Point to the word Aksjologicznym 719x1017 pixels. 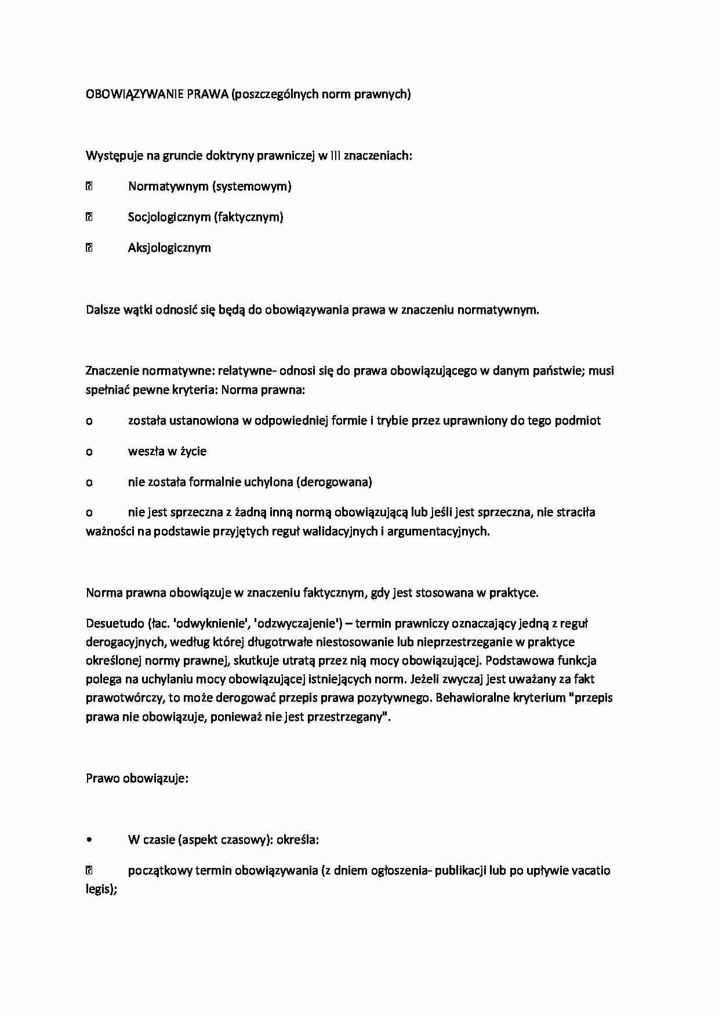point(169,248)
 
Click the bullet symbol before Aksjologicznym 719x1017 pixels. point(89,248)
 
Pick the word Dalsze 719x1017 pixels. point(103,309)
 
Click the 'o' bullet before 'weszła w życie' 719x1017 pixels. point(89,452)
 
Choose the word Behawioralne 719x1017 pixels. point(471,698)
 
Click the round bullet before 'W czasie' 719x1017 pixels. point(89,840)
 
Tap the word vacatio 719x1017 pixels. point(591,870)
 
